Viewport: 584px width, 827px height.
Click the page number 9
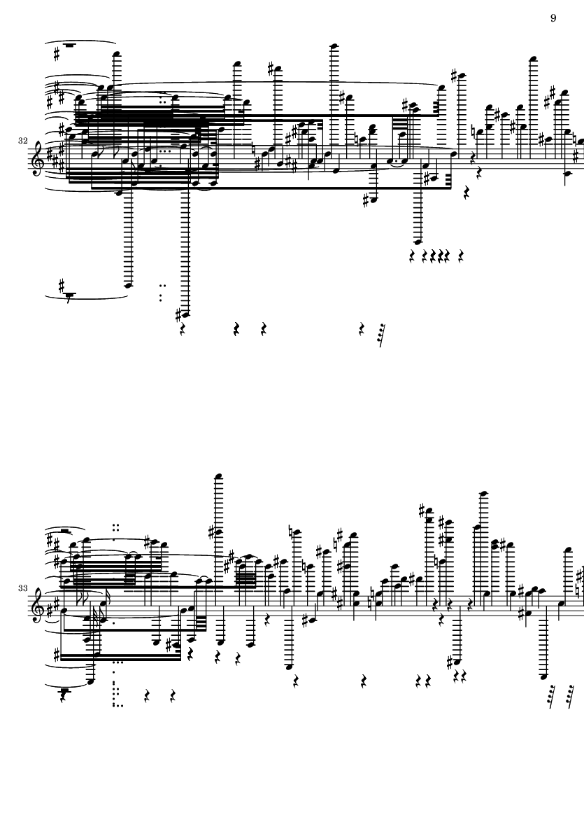pyautogui.click(x=553, y=18)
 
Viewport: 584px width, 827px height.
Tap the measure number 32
pyautogui.click(x=22, y=141)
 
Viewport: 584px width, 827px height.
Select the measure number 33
pyautogui.click(x=22, y=588)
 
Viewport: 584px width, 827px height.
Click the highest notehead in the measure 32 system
pyautogui.click(x=333, y=46)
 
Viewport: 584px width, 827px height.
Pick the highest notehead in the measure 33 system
pyautogui.click(x=218, y=477)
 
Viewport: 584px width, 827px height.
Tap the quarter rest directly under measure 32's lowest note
pyautogui.click(x=183, y=330)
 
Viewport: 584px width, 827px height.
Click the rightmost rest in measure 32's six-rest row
pyautogui.click(x=461, y=256)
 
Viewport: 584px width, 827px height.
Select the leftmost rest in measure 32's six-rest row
pyautogui.click(x=413, y=256)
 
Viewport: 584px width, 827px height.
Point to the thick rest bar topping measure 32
pyautogui.click(x=69, y=46)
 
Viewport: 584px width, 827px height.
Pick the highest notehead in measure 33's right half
pyautogui.click(x=483, y=494)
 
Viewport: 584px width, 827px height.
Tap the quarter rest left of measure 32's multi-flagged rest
pyautogui.click(x=362, y=330)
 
